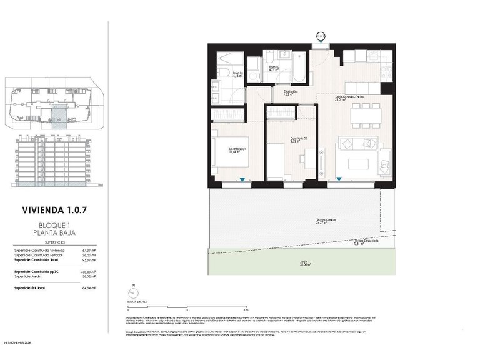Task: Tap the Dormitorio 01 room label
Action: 236,149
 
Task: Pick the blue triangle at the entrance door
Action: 321,42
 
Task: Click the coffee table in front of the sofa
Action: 359,164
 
